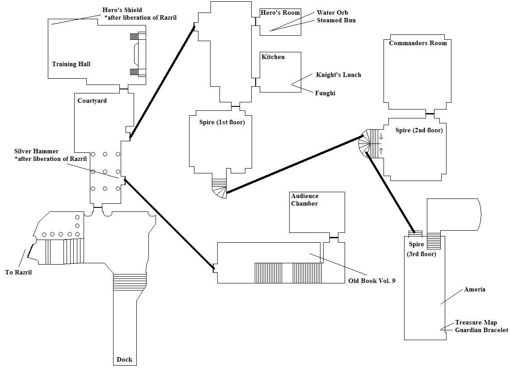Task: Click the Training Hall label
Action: [71, 64]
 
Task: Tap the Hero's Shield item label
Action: [122, 10]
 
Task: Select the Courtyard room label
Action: [92, 101]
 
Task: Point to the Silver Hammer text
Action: [36, 152]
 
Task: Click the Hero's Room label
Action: [280, 13]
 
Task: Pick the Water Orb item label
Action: [332, 13]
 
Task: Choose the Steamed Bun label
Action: [336, 20]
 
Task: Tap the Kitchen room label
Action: [273, 57]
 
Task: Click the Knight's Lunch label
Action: [338, 75]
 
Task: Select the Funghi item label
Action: [325, 93]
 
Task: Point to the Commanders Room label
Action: [418, 43]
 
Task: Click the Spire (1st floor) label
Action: [222, 122]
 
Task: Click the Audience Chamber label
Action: [305, 200]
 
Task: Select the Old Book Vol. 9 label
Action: [372, 281]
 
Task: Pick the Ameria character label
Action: [475, 289]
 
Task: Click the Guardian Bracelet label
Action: [481, 330]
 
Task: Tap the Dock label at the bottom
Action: [124, 359]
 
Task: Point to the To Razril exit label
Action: [18, 272]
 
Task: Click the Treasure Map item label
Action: [476, 322]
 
